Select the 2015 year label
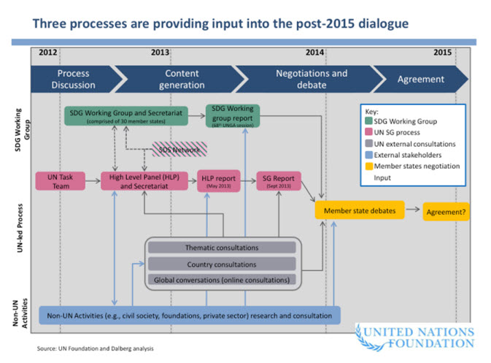click(x=442, y=52)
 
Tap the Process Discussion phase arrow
click(x=73, y=79)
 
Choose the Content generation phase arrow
click(x=182, y=79)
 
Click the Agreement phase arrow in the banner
click(x=420, y=79)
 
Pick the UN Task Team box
click(x=61, y=180)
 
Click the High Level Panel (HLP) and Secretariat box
click(x=144, y=180)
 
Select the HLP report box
click(x=218, y=180)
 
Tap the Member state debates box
click(x=360, y=210)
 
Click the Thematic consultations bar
click(x=222, y=248)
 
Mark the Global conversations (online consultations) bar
click(x=222, y=279)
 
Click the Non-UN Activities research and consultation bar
click(x=190, y=315)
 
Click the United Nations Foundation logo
click(x=414, y=337)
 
